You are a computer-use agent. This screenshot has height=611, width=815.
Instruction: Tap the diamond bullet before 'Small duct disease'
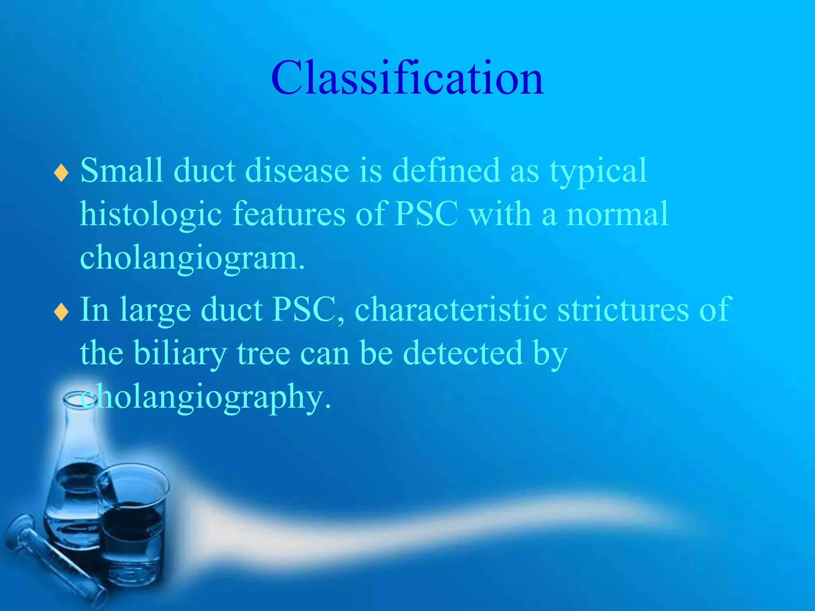(x=61, y=173)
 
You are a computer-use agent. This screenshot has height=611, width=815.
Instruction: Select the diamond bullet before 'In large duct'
(x=61, y=312)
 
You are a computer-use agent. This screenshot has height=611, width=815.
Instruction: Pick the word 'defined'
(x=446, y=170)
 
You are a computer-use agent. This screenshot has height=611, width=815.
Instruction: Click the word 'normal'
(x=617, y=214)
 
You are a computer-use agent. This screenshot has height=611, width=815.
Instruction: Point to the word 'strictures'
(x=623, y=309)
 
